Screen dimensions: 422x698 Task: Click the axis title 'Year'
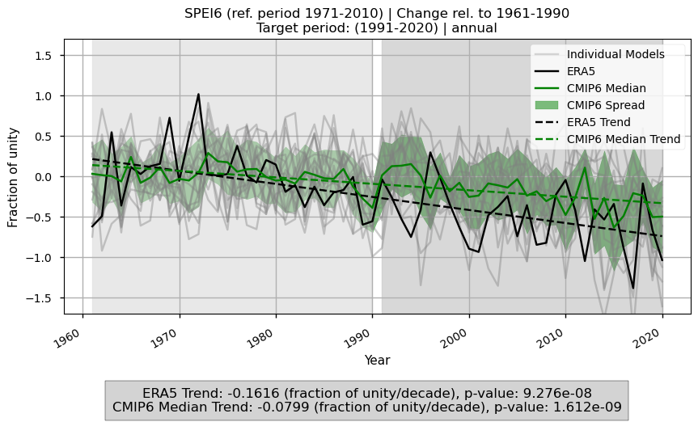377,360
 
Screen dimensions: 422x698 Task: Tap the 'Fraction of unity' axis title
14,175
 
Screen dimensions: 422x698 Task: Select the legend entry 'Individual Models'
616,54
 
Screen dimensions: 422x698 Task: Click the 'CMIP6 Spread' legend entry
606,105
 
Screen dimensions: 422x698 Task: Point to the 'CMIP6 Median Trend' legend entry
624,139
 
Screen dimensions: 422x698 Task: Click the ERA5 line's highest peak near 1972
198,95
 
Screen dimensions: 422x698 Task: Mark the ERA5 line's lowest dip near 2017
633,288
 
